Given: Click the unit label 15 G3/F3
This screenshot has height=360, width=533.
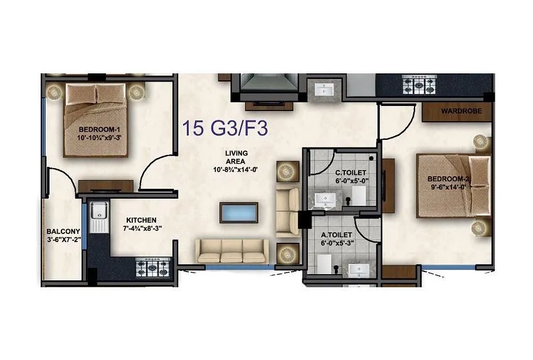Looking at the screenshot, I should (225, 129).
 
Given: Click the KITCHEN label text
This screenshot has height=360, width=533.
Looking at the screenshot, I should (141, 220).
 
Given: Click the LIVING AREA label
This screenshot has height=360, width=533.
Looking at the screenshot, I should (236, 157).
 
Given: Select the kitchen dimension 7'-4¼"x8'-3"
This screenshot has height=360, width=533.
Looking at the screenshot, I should (144, 229).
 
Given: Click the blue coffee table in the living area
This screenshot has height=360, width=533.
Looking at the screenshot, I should (238, 211).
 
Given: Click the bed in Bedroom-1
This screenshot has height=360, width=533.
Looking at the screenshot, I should (97, 121).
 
